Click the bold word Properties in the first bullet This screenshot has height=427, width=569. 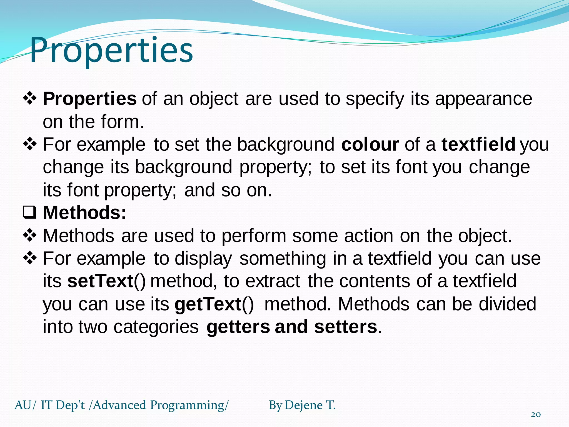click(x=89, y=99)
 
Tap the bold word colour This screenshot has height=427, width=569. click(x=370, y=145)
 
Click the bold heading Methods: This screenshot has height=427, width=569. click(x=84, y=213)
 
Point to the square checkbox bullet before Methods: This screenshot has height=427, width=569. click(x=29, y=213)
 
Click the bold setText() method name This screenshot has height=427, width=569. click(x=106, y=281)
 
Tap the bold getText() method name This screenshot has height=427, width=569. click(x=214, y=304)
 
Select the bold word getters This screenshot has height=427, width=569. click(x=238, y=327)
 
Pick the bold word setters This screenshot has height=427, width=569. click(x=346, y=327)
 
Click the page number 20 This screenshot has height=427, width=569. click(x=536, y=414)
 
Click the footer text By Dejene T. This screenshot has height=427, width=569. click(x=302, y=405)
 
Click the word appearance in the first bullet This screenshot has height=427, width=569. click(x=483, y=99)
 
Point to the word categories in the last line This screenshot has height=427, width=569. click(x=156, y=327)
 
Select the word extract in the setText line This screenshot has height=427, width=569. click(x=273, y=281)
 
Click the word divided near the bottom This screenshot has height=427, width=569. click(x=507, y=304)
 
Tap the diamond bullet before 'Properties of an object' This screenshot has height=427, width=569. click(x=29, y=99)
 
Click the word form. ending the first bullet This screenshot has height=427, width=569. click(x=123, y=122)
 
